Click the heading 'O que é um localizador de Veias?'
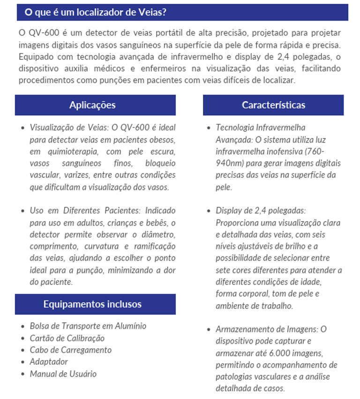point(95,12)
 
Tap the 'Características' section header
point(273,105)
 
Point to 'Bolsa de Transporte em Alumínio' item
point(88,326)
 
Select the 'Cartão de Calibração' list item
point(67,338)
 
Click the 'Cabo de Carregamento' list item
point(71,350)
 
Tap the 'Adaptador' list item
point(49,361)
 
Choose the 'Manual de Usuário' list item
point(63,374)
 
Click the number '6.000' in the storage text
point(270,353)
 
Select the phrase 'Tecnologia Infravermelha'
point(261,128)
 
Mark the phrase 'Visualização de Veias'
point(68,128)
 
